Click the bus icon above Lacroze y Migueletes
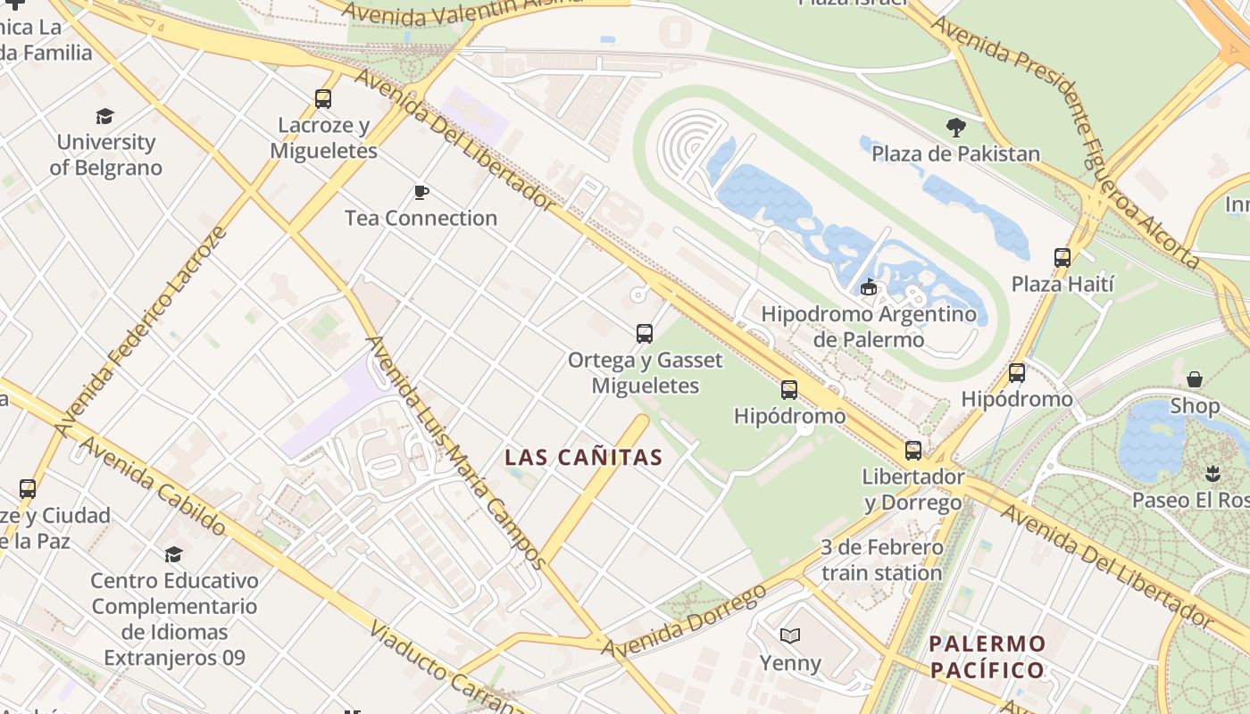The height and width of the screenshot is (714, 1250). coord(323,99)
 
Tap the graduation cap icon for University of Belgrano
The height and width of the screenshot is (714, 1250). coord(105,116)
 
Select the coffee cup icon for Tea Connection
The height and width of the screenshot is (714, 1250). coord(421,192)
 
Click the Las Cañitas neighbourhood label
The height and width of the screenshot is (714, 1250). coord(583,458)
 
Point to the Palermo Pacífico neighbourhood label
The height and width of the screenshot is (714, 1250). coord(987,657)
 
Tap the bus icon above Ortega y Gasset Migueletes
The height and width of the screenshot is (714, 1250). coord(645,334)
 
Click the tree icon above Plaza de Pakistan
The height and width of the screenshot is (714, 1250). coord(956,128)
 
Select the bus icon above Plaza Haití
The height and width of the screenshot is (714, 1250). coord(1062,258)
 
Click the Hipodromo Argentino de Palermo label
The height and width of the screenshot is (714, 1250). coord(869,327)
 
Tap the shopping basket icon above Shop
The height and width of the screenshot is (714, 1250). coord(1195,379)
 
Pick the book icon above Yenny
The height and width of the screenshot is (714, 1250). coord(790,636)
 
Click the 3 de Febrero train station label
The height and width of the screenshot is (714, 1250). coord(881,560)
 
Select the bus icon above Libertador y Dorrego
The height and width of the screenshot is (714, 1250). coord(912,451)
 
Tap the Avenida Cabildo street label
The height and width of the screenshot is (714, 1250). coord(152,486)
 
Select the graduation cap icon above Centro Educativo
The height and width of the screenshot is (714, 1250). coord(174,554)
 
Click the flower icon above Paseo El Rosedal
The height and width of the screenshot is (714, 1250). coord(1212,472)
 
